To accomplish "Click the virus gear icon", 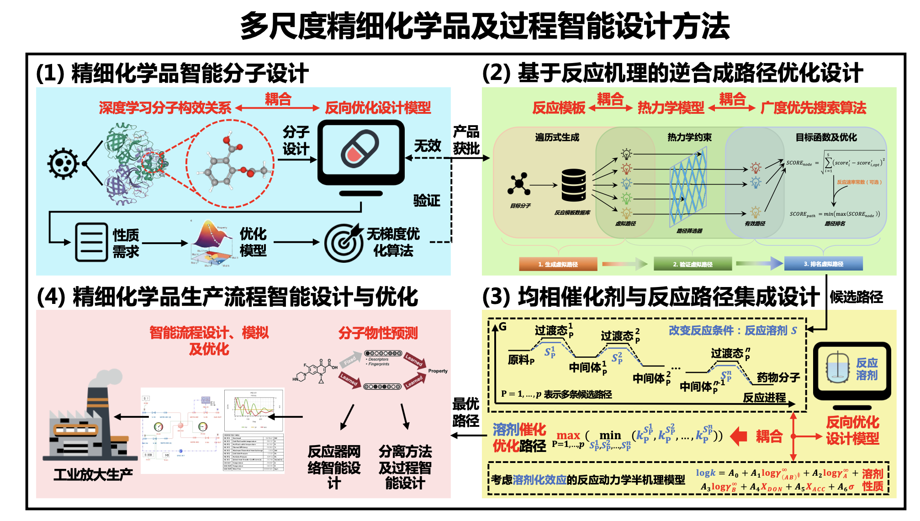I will [63, 163].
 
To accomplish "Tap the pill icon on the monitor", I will [360, 149].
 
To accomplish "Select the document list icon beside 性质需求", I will [91, 242].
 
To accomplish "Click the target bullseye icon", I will [344, 243].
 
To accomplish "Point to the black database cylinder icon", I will [574, 185].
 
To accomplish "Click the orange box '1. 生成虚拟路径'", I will [558, 264].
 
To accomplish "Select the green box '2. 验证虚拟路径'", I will [693, 264].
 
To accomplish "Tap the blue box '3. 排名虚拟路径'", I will [823, 264].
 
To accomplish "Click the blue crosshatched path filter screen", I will [688, 187].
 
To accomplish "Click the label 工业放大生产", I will [93, 474].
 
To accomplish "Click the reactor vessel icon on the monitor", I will [838, 368].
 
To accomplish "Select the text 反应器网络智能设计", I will [334, 467].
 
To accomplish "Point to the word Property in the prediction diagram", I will [438, 371].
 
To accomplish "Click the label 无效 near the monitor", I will [428, 146].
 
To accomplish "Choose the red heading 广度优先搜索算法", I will [813, 108].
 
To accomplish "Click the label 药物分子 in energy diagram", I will [778, 377].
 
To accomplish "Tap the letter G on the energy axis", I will [502, 326].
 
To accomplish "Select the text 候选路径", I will [856, 297].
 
